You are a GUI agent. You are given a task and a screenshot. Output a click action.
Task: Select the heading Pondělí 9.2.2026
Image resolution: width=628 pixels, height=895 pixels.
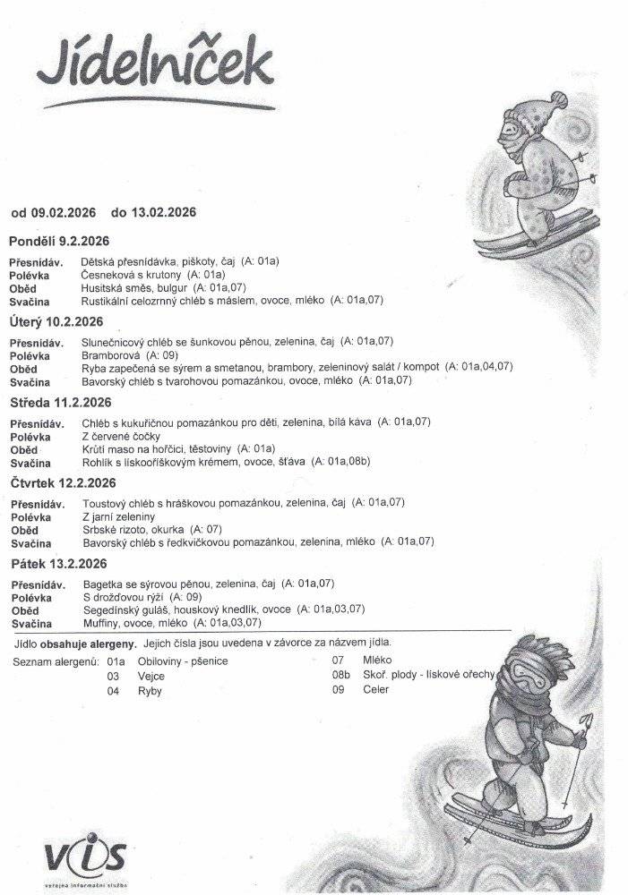point(58,242)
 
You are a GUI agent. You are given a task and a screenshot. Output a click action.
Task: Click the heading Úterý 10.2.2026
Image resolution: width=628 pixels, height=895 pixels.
point(56,322)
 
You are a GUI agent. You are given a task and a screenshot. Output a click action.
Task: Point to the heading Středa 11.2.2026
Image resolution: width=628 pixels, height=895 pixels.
point(58,403)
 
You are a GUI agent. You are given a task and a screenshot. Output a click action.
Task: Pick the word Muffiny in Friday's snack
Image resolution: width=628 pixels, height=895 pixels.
point(101,623)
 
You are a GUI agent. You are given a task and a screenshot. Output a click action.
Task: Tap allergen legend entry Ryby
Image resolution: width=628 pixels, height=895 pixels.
point(150,692)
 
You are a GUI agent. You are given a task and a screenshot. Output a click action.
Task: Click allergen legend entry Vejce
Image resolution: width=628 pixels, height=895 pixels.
point(151,677)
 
